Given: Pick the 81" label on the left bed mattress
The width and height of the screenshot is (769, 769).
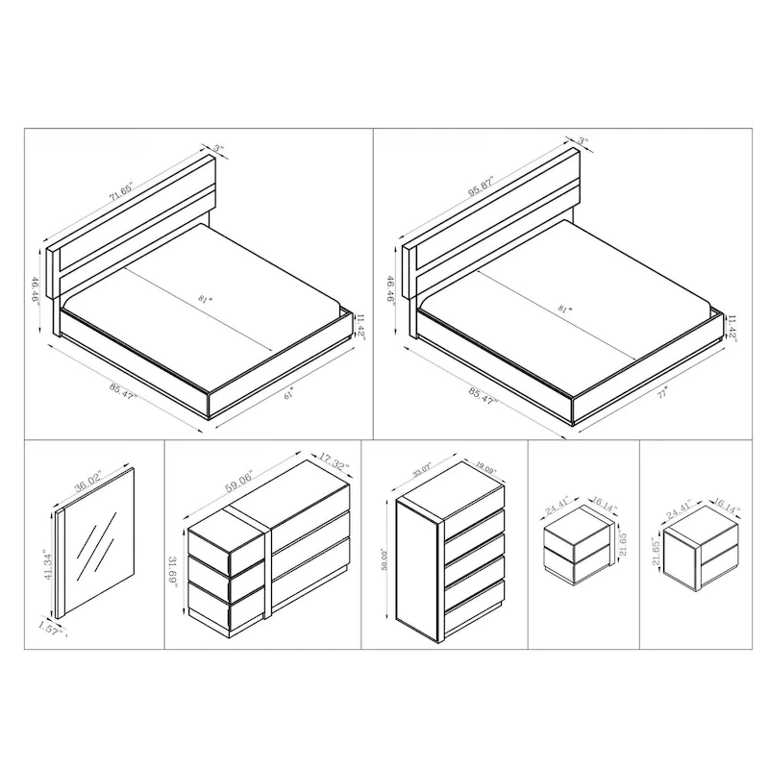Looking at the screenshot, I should tap(203, 300).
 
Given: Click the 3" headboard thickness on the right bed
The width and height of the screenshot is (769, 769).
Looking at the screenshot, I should tap(582, 142).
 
